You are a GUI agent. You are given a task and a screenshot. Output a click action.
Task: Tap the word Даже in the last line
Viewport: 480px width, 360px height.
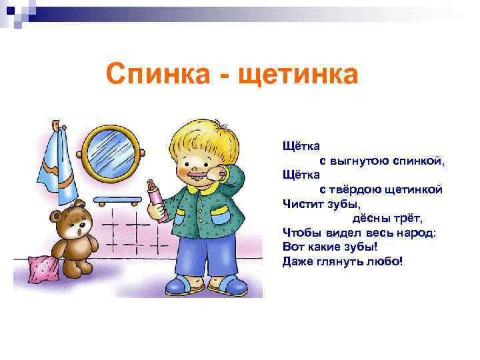tap(297, 259)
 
